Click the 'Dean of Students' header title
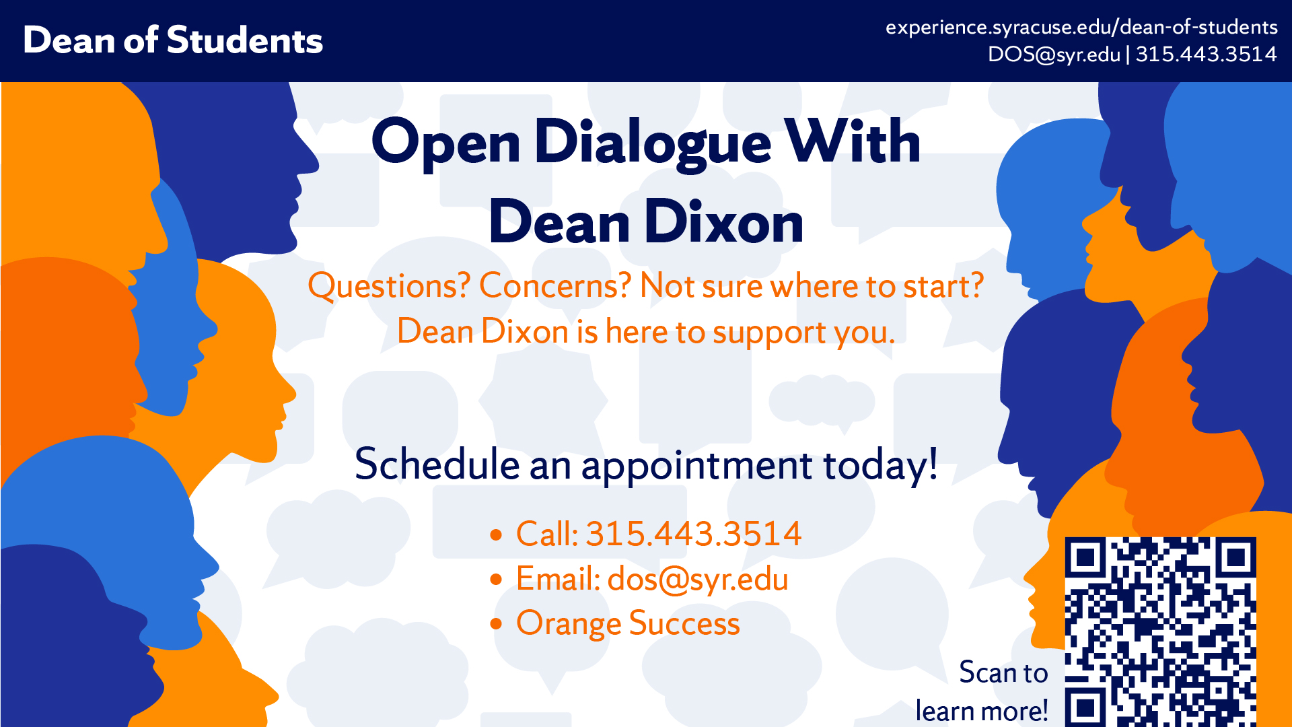(173, 40)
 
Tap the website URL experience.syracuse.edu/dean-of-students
(1081, 27)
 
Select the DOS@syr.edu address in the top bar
(1054, 54)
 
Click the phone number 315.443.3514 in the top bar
(1206, 54)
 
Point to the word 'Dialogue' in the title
(653, 143)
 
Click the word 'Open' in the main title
(445, 143)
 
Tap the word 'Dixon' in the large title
(725, 222)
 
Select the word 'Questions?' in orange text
(389, 285)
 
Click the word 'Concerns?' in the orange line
(555, 285)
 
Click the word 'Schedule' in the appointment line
(437, 464)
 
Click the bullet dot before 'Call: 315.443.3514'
(497, 535)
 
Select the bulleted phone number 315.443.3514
(693, 534)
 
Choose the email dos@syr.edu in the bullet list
(698, 580)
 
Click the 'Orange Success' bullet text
(628, 623)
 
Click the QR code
(1160, 631)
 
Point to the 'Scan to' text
(1003, 672)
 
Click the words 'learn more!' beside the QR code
(982, 711)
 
